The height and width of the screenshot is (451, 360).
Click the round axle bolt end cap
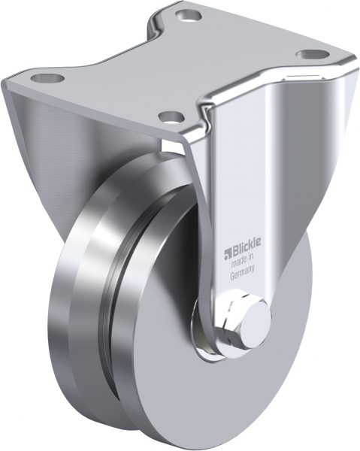(256, 325)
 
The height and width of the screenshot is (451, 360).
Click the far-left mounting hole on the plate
(47, 78)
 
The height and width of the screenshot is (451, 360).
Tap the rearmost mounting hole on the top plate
(188, 15)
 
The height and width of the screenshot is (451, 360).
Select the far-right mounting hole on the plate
(313, 54)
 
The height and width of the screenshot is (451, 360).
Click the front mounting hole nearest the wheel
(171, 117)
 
